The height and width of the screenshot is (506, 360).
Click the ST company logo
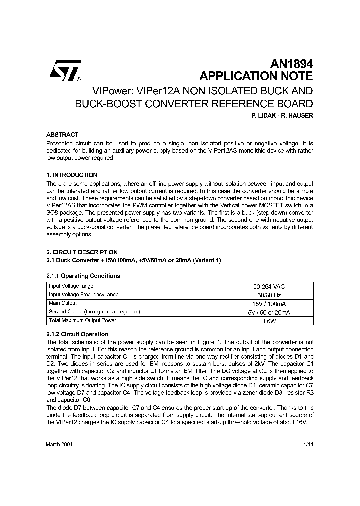64,73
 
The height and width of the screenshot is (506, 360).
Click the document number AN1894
291,64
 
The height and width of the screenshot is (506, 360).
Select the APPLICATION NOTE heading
256,76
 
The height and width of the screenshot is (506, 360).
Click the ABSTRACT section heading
62,135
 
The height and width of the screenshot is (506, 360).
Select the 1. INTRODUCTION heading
71,175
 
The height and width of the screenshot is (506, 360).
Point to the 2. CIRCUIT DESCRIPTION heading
82,252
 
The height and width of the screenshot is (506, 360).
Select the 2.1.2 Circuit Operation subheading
77,334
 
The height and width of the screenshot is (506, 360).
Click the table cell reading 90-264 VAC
269,287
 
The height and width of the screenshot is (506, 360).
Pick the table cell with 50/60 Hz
269,295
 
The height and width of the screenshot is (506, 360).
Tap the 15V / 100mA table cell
269,304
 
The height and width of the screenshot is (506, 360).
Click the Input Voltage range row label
71,286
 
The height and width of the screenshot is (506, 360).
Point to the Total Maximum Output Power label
82,320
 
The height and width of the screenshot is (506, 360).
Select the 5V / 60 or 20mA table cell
269,312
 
